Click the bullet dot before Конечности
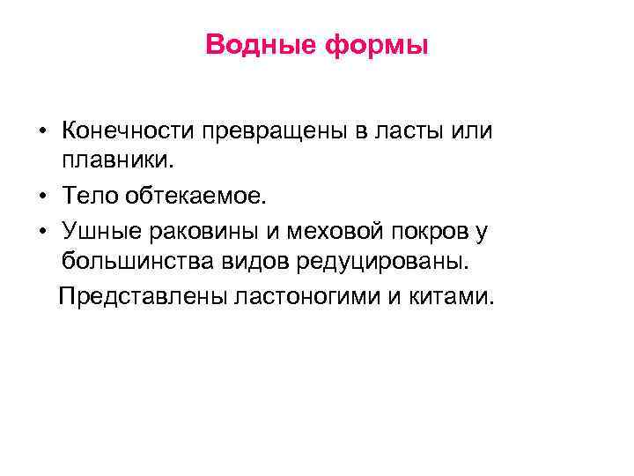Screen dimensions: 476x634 click(x=42, y=132)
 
